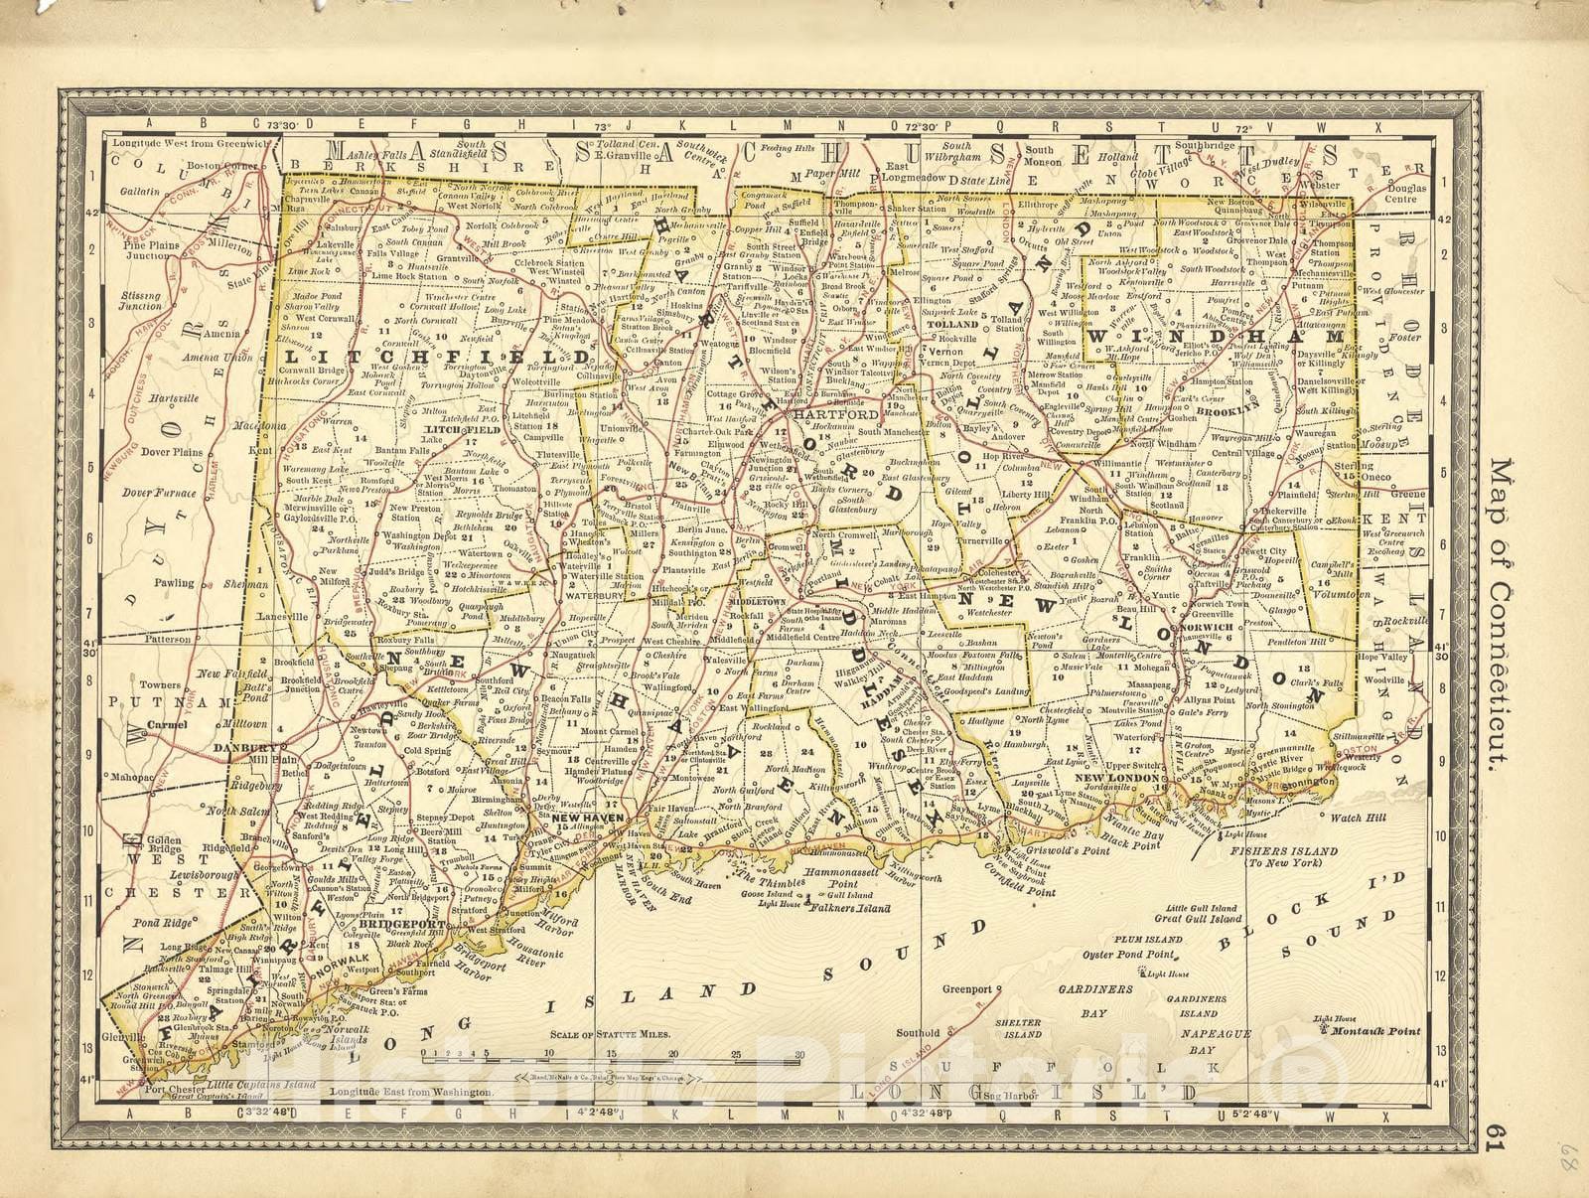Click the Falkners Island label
tap(846, 907)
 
